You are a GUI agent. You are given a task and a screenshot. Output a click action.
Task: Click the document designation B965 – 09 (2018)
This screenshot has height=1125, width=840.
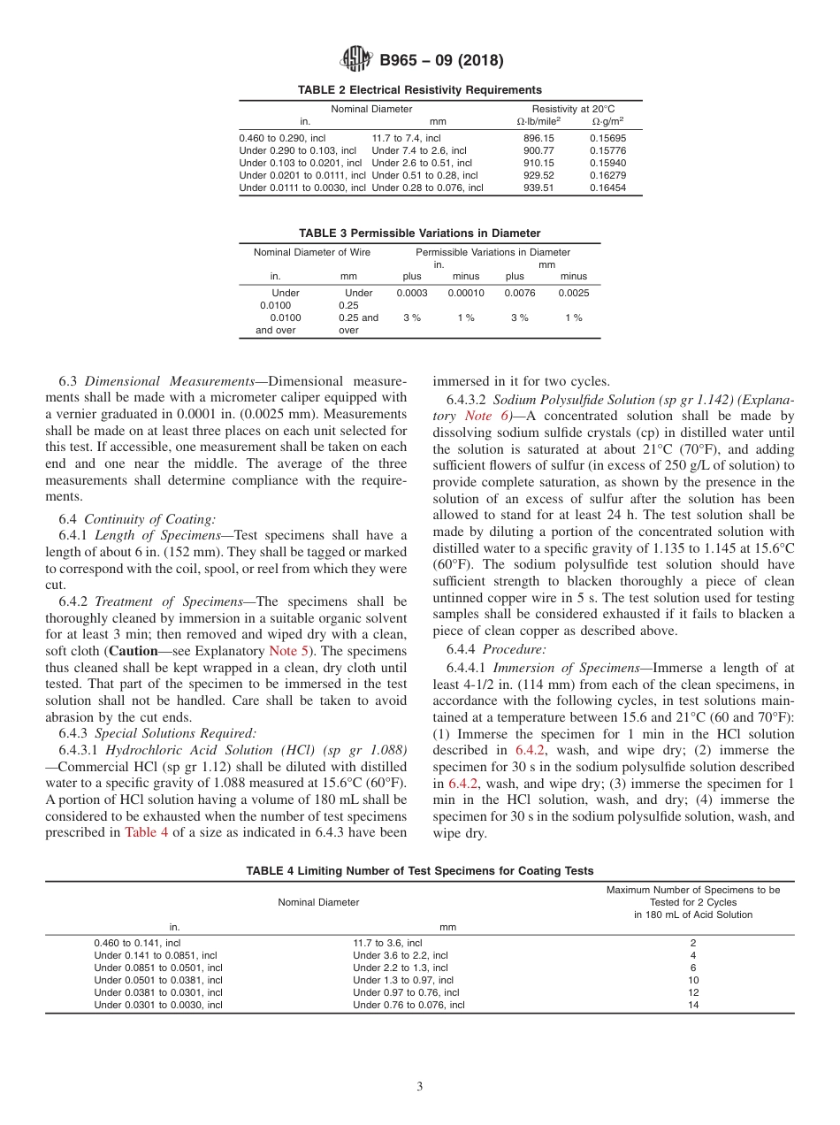[441, 61]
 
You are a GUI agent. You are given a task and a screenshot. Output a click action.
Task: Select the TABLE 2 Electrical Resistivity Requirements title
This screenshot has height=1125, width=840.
[420, 89]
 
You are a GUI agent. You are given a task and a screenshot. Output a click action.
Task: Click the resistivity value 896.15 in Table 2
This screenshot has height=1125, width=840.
[538, 138]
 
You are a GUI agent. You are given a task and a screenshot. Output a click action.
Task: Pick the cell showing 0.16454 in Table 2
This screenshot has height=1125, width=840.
[607, 187]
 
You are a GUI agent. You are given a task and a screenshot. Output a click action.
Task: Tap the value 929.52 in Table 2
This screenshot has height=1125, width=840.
[538, 175]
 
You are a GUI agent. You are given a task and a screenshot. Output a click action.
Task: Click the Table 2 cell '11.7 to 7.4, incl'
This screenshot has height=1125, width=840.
[406, 138]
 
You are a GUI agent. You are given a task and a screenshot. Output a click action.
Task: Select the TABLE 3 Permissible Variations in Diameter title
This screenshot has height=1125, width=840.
[420, 233]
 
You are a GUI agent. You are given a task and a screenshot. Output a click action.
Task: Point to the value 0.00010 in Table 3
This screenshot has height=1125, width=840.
[466, 293]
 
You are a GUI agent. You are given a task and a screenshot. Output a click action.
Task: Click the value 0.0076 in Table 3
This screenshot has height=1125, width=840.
[520, 293]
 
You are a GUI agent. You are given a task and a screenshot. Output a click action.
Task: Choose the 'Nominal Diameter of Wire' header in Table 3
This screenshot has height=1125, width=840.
[312, 252]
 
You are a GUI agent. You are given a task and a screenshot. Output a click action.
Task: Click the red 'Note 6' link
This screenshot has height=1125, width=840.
[478, 416]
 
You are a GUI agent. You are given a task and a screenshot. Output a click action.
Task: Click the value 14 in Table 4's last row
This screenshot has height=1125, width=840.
[693, 1005]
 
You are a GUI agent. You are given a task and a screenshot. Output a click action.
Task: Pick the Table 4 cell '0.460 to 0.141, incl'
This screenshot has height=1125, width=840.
[137, 943]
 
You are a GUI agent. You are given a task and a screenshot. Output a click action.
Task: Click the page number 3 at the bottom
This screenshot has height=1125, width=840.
[420, 1086]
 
